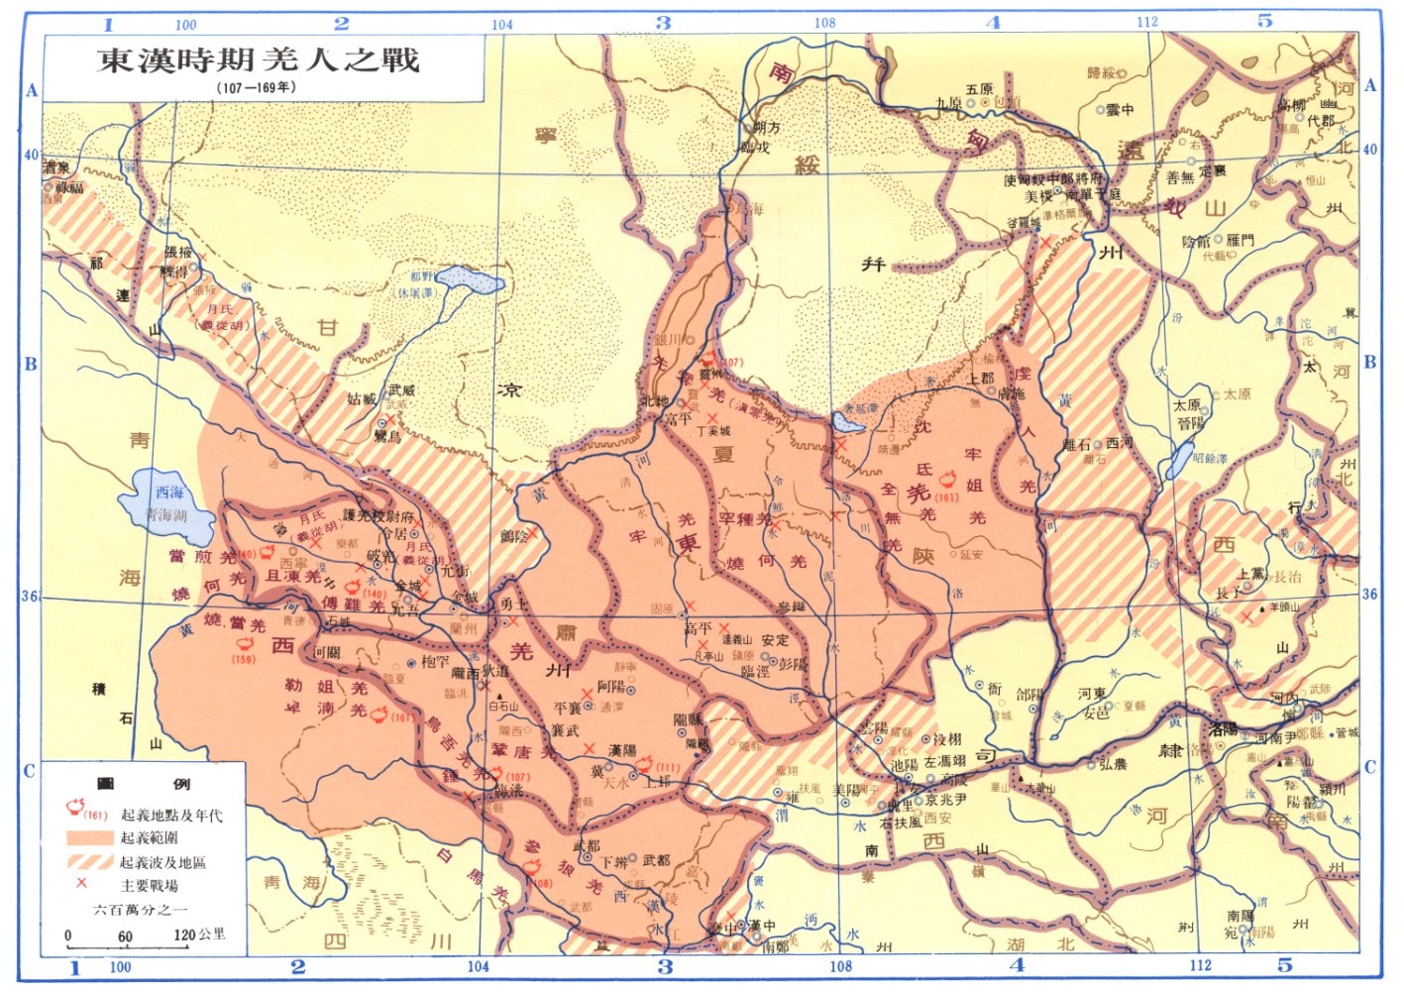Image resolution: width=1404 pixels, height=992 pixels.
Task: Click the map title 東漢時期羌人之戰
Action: tap(259, 59)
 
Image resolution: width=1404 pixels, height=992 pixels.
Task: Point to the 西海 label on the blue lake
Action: tap(169, 493)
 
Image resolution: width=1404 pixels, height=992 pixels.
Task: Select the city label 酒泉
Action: tap(56, 168)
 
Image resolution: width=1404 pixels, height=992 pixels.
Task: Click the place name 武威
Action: tap(402, 390)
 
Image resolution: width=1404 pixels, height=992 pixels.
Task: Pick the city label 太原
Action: tap(1187, 405)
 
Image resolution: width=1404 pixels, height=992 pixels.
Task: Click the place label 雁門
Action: tap(1240, 240)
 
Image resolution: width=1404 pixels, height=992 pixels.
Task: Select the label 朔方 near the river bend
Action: tap(767, 128)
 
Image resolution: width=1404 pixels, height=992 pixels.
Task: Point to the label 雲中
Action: tap(1121, 110)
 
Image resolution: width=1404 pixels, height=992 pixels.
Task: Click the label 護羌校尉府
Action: tap(378, 515)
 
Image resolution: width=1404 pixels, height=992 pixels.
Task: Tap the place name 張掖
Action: tap(178, 253)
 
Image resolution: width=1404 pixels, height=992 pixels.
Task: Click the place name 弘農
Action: tap(1113, 764)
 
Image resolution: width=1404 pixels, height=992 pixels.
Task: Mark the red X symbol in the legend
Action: tap(81, 883)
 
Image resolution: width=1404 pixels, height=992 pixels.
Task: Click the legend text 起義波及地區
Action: tap(163, 862)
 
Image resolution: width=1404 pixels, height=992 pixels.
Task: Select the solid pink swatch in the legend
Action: tap(89, 838)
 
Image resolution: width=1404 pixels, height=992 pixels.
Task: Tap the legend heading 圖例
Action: tap(144, 784)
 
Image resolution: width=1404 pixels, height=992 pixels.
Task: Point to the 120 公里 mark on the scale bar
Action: tap(198, 935)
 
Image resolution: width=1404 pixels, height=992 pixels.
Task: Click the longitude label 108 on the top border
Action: tap(824, 23)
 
